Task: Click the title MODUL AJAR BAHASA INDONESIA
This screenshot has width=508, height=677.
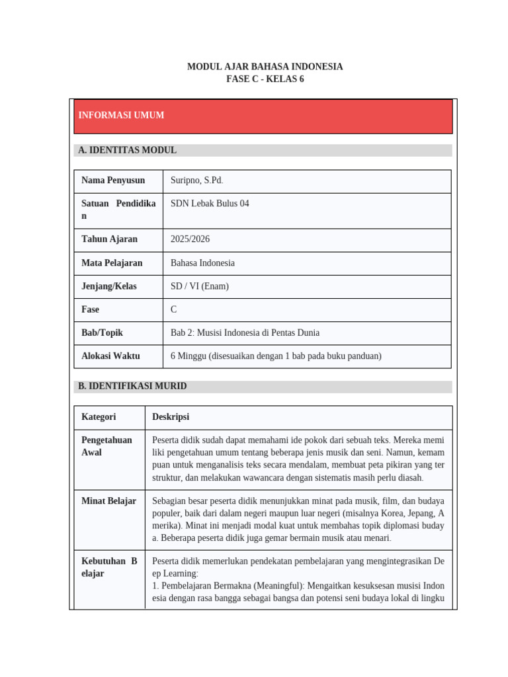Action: tap(265, 67)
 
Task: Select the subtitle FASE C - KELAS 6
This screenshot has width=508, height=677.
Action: tap(265, 79)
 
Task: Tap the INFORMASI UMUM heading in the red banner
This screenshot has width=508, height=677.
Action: tap(121, 116)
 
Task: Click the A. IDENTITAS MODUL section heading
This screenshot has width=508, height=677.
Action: tap(127, 151)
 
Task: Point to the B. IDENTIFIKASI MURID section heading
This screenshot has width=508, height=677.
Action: tap(132, 386)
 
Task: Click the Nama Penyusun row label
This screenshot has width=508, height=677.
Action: tap(112, 180)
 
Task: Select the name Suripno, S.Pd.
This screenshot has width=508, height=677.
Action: tap(196, 180)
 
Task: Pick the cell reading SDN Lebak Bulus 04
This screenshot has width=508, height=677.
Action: tap(210, 204)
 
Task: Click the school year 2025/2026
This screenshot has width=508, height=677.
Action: tap(190, 239)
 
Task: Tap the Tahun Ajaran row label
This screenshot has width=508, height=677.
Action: tap(109, 239)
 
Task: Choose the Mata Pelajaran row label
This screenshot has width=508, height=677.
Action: tap(112, 263)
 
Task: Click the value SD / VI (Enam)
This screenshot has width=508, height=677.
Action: tap(199, 286)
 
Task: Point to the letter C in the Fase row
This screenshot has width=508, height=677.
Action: tap(174, 309)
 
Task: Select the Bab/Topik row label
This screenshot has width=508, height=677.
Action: tap(102, 333)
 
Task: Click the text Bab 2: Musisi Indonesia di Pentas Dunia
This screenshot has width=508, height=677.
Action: tap(245, 333)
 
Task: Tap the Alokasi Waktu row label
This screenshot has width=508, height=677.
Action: tap(110, 356)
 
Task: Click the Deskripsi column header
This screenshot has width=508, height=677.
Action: tap(171, 417)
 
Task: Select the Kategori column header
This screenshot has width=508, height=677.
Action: tap(99, 417)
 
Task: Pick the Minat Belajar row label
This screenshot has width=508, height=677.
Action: tap(108, 501)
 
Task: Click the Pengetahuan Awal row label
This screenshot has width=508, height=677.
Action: tap(106, 446)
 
